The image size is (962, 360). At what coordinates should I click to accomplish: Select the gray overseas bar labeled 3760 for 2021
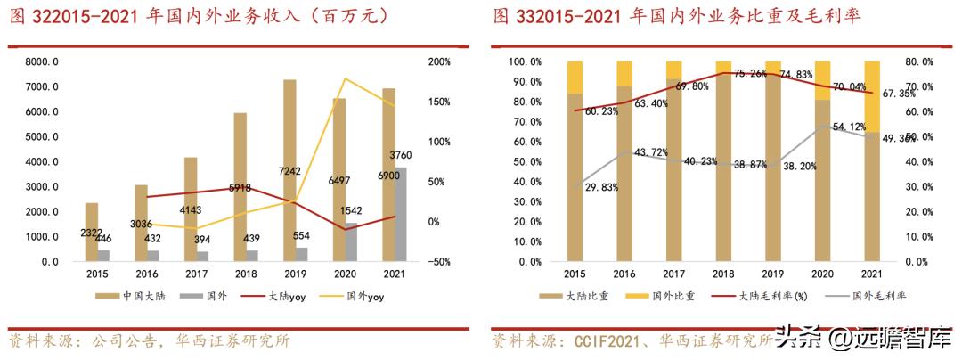402,215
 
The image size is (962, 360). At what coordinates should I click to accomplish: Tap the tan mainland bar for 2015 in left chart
91,233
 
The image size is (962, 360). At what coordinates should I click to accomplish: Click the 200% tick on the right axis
439,62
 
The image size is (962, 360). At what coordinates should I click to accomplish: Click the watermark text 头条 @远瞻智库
861,340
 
